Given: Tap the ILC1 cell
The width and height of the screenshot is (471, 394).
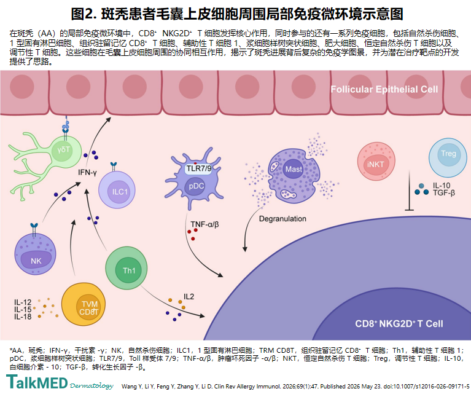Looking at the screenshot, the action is (x=117, y=190).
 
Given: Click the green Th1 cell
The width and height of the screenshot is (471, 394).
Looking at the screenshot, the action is (x=127, y=268).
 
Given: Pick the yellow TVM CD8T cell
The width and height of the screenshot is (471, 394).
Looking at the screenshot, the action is (x=83, y=305).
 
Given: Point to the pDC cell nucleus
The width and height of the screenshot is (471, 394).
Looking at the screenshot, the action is (x=195, y=186).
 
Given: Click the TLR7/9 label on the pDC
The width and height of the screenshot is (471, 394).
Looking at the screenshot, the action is (x=198, y=168).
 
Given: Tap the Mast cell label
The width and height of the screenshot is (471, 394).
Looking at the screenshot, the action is (x=294, y=169).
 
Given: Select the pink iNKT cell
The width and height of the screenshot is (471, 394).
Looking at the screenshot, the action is (x=376, y=162).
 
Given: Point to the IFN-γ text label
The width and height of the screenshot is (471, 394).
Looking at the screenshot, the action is (x=87, y=172).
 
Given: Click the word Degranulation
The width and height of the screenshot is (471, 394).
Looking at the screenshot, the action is (x=282, y=219).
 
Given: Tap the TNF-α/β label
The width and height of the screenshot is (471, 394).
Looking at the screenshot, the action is (x=204, y=224).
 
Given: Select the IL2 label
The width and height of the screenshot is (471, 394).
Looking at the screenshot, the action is (x=189, y=296).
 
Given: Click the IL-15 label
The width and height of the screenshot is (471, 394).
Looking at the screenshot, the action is (x=23, y=310).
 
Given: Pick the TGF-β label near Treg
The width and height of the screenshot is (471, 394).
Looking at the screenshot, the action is (x=443, y=192).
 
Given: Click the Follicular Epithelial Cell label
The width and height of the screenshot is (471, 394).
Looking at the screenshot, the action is (x=384, y=89).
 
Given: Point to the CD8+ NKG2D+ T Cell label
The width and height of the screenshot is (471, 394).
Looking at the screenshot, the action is (x=399, y=324).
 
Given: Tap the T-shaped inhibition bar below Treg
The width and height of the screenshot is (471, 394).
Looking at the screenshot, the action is (x=409, y=191).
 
